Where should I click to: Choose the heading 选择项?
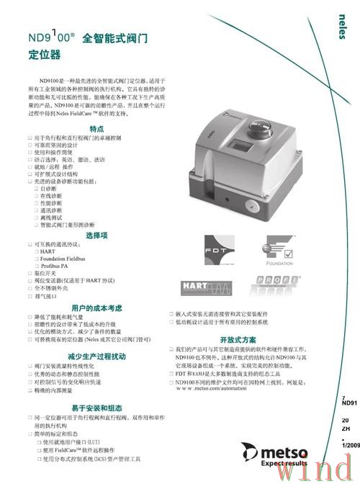pos(96,235)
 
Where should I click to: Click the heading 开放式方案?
pos(238,338)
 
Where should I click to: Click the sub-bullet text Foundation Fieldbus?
pos(67,259)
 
